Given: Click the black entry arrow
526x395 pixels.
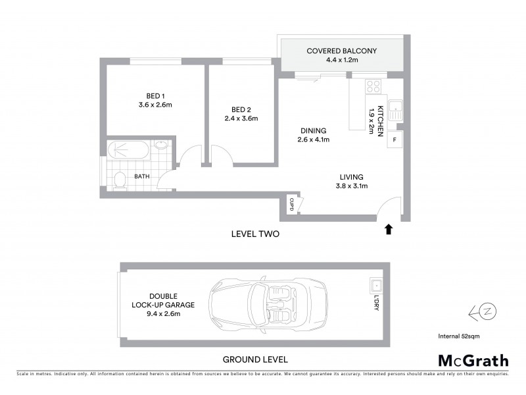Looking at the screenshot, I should [389, 228].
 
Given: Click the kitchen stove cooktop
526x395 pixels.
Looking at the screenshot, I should [373, 86].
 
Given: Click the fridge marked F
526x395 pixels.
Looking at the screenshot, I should [394, 140].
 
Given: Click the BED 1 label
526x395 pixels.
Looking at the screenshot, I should [155, 94].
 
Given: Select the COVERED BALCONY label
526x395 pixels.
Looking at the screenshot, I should [341, 51].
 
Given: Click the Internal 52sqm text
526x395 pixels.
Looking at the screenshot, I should [459, 336].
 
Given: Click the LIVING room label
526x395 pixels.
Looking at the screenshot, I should [352, 176].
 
